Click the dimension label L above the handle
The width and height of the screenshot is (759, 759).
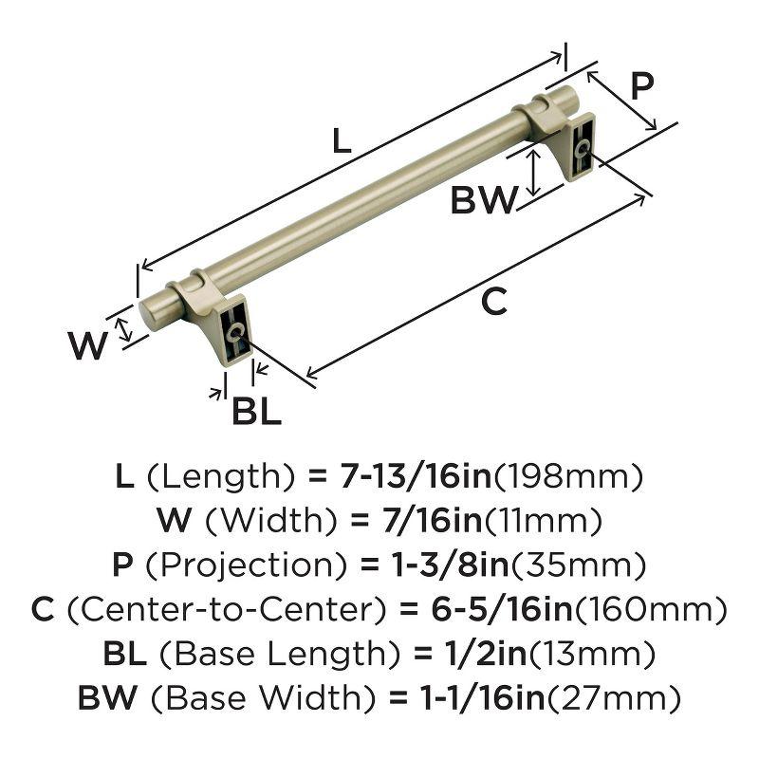pyautogui.click(x=342, y=142)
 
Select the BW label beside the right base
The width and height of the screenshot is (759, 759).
pyautogui.click(x=483, y=200)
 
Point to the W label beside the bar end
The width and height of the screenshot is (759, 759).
pyautogui.click(x=89, y=345)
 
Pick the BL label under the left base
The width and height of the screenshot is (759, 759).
pyautogui.click(x=256, y=413)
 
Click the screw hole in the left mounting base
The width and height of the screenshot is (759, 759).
pyautogui.click(x=235, y=331)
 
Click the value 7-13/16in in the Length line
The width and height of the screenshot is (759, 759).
pyautogui.click(x=414, y=475)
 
